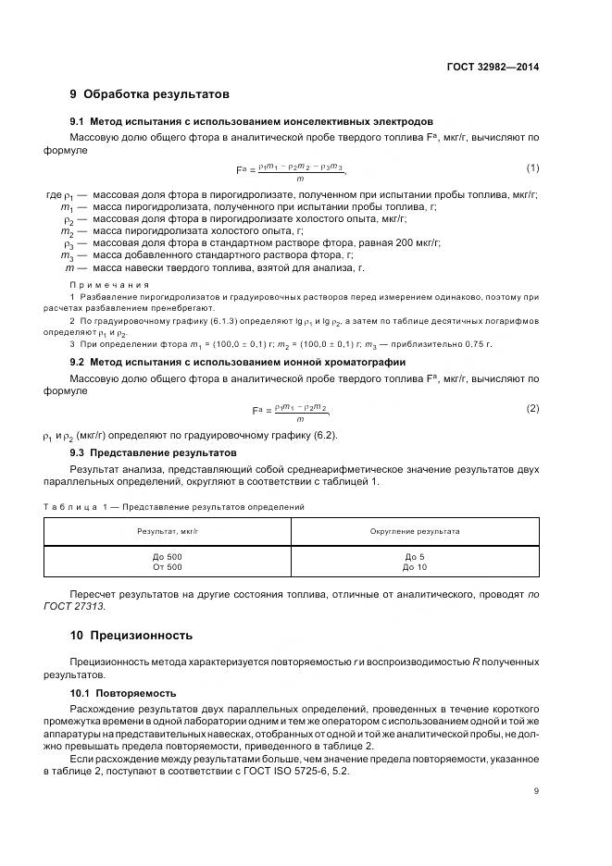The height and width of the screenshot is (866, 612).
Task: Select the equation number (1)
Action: pos(532,167)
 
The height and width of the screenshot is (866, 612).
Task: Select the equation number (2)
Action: pos(532,408)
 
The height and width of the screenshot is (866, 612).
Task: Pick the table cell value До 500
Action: pos(168,555)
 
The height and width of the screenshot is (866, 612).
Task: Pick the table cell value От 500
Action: pos(168,566)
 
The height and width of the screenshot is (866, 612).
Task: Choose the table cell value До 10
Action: pos(415,566)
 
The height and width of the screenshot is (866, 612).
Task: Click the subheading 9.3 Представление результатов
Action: pos(154,452)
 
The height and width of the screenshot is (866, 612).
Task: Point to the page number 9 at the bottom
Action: pos(536,790)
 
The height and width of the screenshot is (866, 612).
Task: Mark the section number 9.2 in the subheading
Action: pos(78,362)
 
